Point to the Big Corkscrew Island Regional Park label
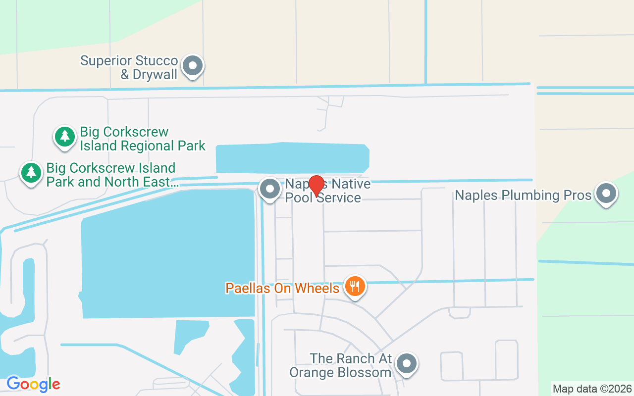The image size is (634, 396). [x=143, y=139]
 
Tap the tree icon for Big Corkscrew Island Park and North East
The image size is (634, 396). [x=31, y=172]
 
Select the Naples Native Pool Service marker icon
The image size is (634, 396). [x=270, y=189]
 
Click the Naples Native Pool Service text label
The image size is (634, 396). [x=327, y=191]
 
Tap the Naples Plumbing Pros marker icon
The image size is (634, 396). [x=606, y=194]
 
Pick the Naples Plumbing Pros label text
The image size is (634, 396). [x=523, y=195]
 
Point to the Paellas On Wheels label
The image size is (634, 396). [x=282, y=288]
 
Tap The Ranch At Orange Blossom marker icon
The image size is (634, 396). [x=407, y=363]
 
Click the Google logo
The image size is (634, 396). [x=33, y=384]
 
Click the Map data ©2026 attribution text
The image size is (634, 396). [x=592, y=389]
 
